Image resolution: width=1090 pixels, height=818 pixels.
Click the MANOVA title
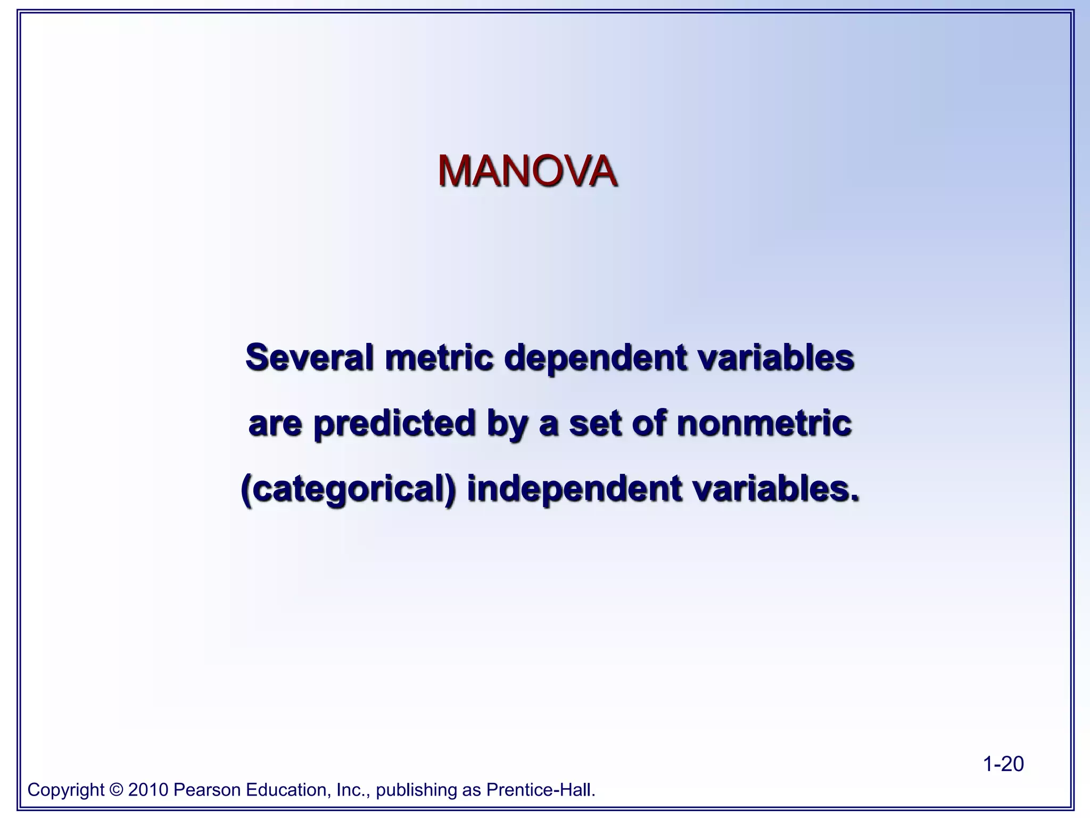[x=527, y=171]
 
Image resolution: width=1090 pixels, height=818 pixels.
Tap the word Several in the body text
[x=309, y=357]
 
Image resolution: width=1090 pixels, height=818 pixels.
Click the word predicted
[x=394, y=424]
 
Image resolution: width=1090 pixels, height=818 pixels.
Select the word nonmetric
[x=764, y=423]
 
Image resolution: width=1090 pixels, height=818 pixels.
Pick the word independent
[x=574, y=489]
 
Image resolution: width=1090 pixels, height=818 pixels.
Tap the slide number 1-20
[x=1003, y=764]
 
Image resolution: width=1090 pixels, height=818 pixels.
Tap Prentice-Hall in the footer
[x=540, y=790]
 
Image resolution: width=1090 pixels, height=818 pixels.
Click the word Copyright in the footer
[x=66, y=790]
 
